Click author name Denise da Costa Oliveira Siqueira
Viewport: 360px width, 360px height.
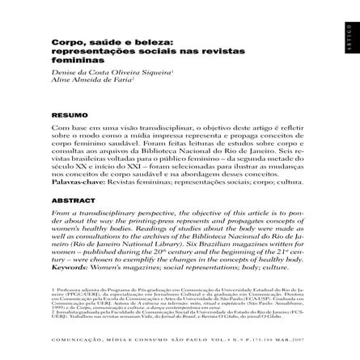tap(100, 72)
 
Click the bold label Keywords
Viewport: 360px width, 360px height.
tap(70, 265)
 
